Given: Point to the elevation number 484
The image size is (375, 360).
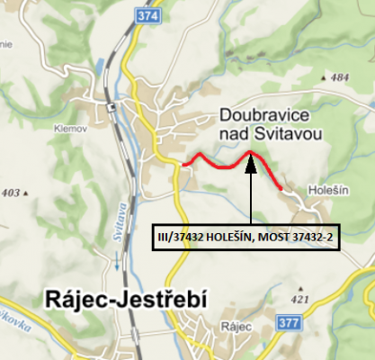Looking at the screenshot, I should [339, 79].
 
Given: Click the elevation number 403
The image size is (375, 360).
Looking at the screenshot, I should [12, 193].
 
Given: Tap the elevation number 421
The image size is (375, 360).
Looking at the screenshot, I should [326, 298].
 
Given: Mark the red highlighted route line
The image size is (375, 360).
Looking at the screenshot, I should [216, 163].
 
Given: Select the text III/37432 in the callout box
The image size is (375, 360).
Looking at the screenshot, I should [176, 236].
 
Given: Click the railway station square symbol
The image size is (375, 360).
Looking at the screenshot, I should [111, 107].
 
